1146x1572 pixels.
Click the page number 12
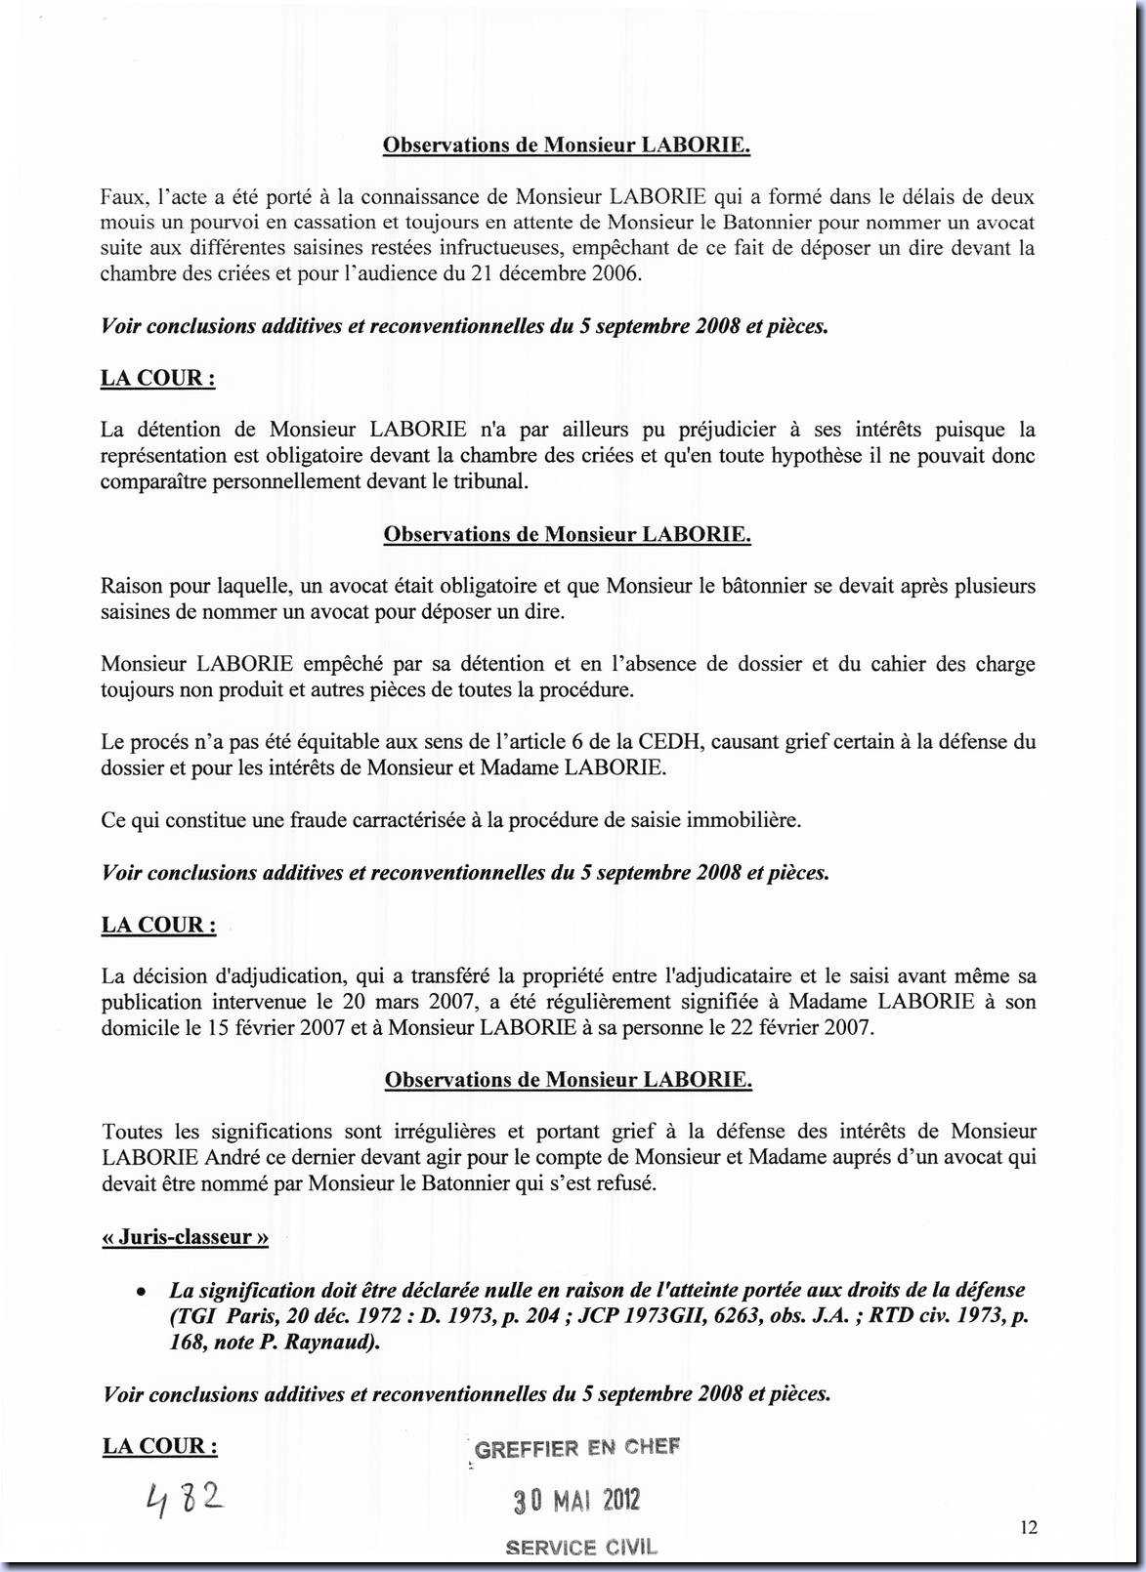(1028, 1528)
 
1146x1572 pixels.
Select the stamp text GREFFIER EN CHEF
(576, 1448)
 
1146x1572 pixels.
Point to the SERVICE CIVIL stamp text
(581, 1547)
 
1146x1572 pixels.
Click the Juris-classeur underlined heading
(185, 1237)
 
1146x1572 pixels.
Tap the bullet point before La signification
(142, 1291)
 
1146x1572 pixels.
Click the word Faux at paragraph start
(123, 197)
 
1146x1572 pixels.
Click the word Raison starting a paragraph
(130, 587)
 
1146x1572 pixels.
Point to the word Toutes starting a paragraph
(132, 1133)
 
